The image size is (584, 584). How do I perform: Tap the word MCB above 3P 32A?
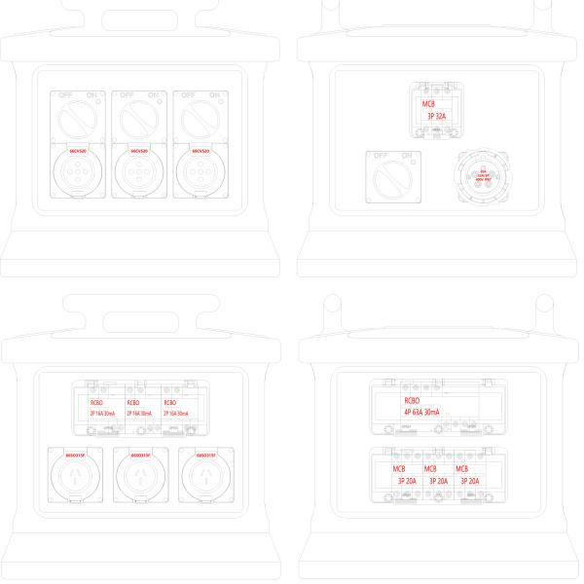[429, 103]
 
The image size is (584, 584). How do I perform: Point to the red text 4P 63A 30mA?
[421, 413]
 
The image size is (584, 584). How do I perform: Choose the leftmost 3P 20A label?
[406, 480]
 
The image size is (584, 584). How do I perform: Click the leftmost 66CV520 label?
[78, 152]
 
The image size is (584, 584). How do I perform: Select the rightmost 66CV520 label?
[201, 152]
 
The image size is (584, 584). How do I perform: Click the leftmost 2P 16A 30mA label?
[102, 414]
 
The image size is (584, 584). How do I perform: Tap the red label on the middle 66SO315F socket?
[140, 455]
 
